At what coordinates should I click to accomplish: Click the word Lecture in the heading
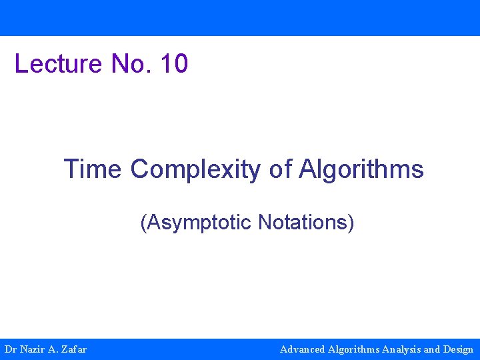click(x=58, y=64)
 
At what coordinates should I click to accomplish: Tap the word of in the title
click(x=280, y=169)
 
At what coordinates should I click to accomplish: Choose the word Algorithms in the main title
click(x=361, y=169)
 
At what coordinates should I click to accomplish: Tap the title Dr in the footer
click(x=10, y=349)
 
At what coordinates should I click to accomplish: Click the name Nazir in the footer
click(x=31, y=349)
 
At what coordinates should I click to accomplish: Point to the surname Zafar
click(x=73, y=349)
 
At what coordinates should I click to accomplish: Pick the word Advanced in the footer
click(x=303, y=349)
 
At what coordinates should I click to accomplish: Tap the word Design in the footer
click(x=458, y=349)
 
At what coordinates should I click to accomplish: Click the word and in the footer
click(x=432, y=349)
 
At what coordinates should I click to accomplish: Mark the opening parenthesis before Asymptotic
click(x=143, y=222)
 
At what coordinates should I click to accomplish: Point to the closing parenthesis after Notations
click(x=351, y=222)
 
